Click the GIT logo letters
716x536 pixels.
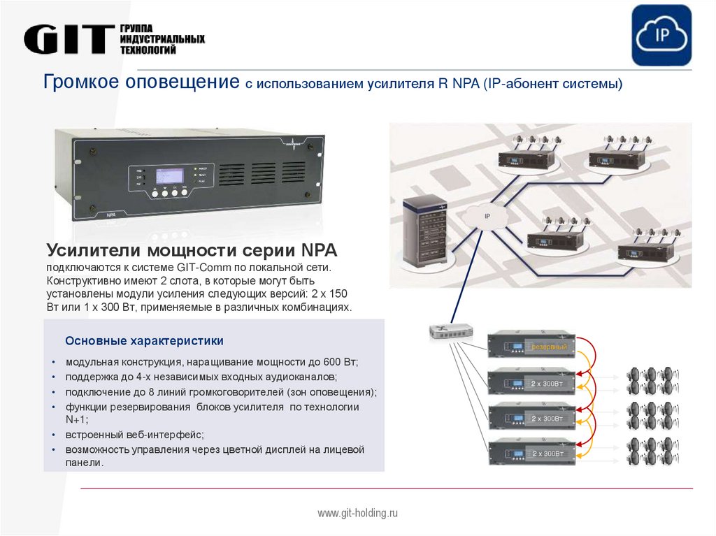[69, 40]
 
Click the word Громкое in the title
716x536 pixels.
[81, 82]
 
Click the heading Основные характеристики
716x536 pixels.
[144, 341]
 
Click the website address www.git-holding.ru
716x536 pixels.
[357, 513]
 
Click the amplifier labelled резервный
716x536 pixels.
[531, 346]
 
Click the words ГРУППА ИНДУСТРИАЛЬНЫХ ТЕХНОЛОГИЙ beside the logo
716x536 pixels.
[162, 39]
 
